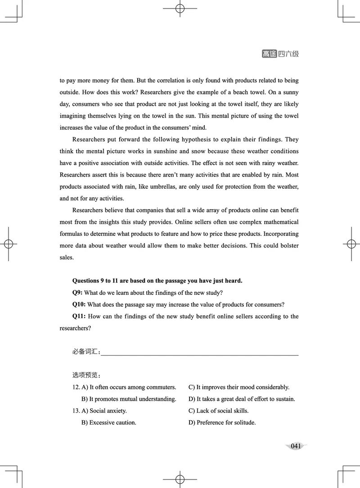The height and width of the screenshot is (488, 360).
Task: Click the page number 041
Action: pos(296,446)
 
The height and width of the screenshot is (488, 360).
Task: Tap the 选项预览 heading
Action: pos(86,375)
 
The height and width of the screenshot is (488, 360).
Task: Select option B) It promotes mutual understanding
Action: pos(129,399)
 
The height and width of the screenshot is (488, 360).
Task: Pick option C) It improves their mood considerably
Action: pos(238,387)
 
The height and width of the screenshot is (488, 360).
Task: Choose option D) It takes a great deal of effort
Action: pos(242,399)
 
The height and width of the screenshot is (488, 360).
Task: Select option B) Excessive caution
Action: pos(108,423)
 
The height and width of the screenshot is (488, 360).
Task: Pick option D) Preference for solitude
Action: pos(222,423)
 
